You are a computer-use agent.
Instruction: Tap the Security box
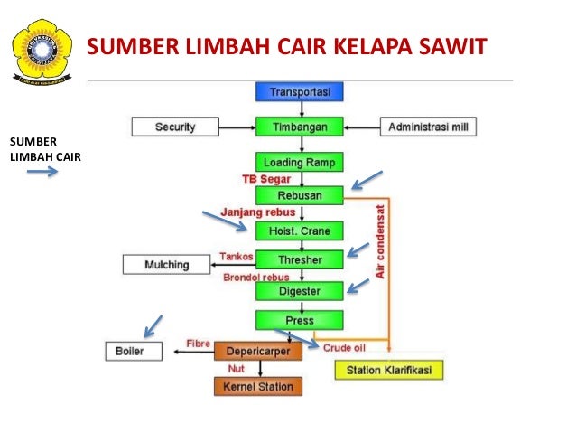(x=175, y=127)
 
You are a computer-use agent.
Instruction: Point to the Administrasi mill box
(x=427, y=127)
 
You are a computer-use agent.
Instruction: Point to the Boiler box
(x=136, y=350)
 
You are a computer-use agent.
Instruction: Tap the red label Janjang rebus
(x=260, y=213)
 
